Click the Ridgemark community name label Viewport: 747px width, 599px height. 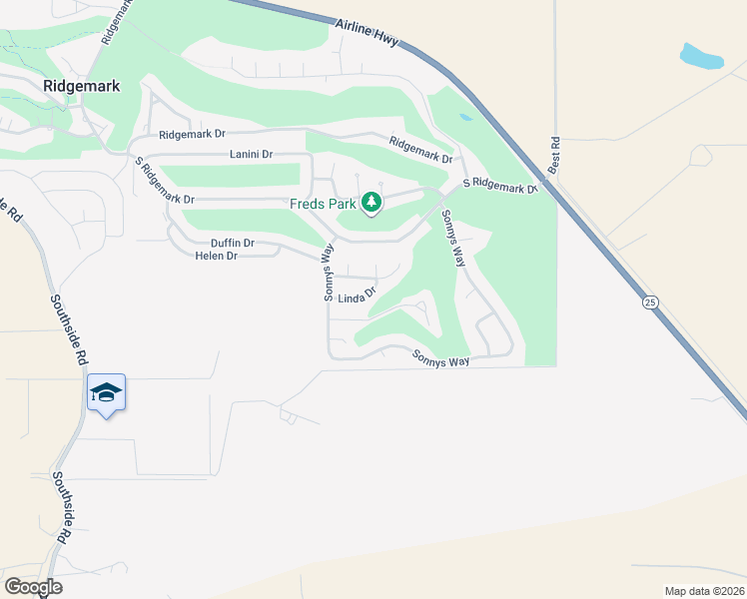coord(82,87)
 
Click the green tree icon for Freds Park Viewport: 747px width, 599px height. coord(372,204)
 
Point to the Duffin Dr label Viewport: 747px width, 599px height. coord(233,243)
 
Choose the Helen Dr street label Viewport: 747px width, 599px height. coord(217,256)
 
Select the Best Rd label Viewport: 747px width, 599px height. coord(555,155)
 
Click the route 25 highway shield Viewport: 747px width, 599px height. coord(650,301)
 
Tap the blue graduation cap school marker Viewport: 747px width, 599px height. coord(106,393)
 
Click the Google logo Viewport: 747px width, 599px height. coord(33,587)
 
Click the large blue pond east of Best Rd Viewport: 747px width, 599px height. coord(701,56)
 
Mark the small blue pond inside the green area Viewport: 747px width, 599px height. coord(465,117)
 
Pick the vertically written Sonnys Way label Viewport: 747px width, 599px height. coord(327,274)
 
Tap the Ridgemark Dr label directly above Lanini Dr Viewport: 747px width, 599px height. coord(193,135)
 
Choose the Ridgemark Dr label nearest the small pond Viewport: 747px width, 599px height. coord(420,150)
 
